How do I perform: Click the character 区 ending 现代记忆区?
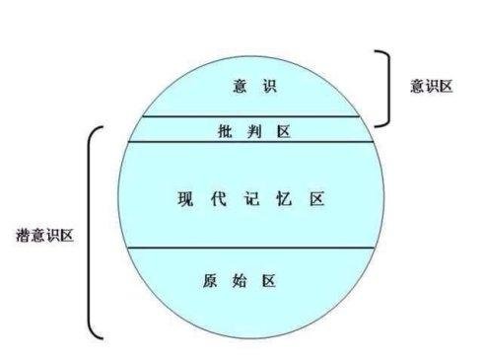tap(317, 198)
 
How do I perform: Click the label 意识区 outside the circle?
tap(431, 85)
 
